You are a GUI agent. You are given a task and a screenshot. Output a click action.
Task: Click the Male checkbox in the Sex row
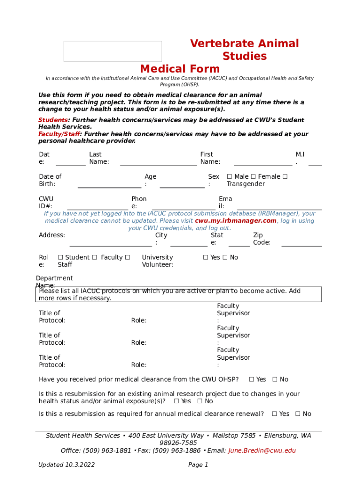pos(229,177)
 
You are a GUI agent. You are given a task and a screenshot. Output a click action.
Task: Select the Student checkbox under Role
pos(60,258)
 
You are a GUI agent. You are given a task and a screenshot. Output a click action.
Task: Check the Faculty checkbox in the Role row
pos(94,258)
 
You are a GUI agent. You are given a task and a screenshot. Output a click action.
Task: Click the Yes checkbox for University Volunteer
pos(206,258)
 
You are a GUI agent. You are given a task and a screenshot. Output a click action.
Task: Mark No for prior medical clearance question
pos(275,379)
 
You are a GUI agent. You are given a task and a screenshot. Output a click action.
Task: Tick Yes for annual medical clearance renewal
pos(274,414)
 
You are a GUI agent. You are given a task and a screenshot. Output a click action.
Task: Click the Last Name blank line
pos(158,164)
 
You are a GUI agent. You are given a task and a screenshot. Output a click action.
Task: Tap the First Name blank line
pos(263,164)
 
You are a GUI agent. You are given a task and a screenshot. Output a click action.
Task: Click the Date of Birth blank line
pos(109,187)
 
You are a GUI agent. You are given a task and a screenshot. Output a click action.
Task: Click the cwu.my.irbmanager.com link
pos(236,221)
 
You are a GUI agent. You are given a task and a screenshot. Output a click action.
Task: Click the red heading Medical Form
pos(180,69)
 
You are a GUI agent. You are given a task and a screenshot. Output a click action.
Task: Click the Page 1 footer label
pos(198,465)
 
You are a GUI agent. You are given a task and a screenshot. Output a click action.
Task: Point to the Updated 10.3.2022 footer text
pos(66,465)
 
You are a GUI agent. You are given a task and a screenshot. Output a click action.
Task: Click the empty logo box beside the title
pos(113,51)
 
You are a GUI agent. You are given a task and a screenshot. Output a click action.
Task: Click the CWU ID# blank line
pos(97,209)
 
